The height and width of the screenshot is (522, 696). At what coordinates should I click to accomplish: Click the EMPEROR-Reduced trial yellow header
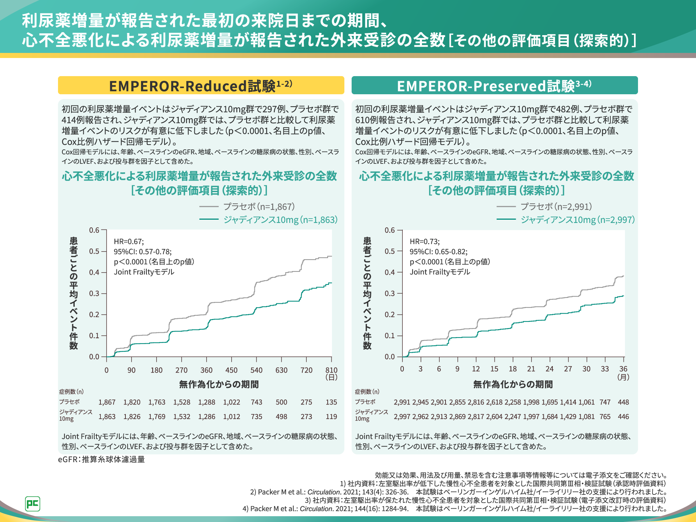tap(201, 86)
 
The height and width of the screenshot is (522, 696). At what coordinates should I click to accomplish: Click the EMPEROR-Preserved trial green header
tap(494, 86)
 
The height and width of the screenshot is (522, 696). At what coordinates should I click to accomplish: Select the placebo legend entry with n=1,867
tap(259, 207)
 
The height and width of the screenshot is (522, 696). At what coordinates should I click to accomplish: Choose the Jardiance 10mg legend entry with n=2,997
tap(577, 220)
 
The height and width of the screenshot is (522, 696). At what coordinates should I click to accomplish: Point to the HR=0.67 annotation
tap(129, 242)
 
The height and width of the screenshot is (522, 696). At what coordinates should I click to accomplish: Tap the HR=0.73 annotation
tap(424, 242)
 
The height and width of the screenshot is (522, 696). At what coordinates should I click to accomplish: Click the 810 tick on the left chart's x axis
tap(331, 370)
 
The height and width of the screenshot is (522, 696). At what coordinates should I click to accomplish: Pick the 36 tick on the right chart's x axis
tap(623, 369)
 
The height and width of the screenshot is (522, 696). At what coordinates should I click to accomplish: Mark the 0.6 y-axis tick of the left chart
tap(94, 230)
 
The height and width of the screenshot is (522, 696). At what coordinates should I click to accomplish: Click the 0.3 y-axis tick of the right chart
tap(390, 293)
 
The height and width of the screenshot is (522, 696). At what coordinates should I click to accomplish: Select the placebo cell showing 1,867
tap(107, 402)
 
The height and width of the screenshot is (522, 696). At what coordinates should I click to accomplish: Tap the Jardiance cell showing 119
tap(331, 417)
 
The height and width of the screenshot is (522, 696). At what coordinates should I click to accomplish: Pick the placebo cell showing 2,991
tap(402, 402)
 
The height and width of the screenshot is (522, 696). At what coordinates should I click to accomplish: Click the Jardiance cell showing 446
tap(623, 417)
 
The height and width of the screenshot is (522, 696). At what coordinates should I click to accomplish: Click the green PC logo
tap(33, 504)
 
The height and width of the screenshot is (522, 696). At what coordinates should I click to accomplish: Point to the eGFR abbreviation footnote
tap(101, 460)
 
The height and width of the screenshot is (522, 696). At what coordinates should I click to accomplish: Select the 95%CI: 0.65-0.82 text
tap(439, 252)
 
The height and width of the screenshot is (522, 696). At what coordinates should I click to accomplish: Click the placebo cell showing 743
tap(256, 402)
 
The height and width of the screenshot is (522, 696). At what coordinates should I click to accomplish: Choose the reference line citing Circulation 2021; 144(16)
tap(455, 509)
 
